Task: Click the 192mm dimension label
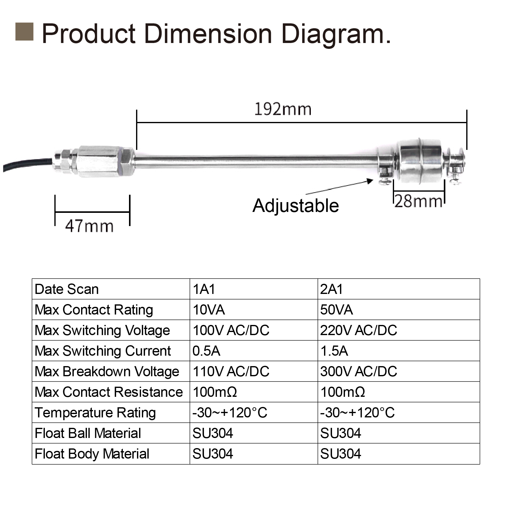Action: pos(283,109)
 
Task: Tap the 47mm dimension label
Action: pos(89,226)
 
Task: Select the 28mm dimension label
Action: pos(418,202)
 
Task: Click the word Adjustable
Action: pos(295,205)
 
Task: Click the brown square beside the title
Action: pos(24,32)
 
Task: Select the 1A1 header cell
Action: pos(204,289)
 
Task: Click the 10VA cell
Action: pos(209,310)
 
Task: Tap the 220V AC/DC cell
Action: pos(358,330)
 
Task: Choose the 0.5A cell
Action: pos(206,351)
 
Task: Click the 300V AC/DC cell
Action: pos(358,372)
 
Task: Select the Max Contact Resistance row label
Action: pos(109,392)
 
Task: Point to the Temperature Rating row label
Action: pos(95,413)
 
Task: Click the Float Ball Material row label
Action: pos(88,433)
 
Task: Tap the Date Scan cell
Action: pos(67,289)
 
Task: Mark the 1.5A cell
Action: pos(334,351)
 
